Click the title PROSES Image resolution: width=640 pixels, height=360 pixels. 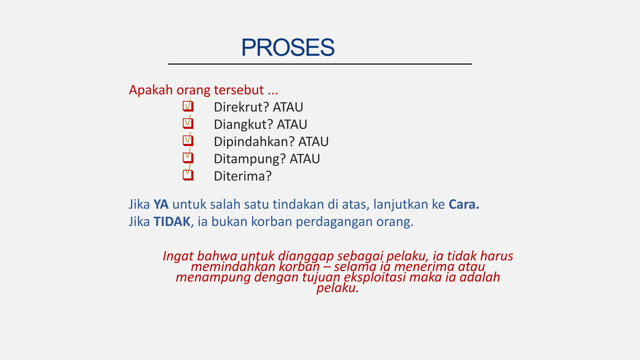coord(287,48)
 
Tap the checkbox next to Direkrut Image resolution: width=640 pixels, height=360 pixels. coord(188,107)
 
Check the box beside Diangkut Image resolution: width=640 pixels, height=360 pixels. coord(188,124)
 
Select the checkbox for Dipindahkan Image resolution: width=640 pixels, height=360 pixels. coord(188,141)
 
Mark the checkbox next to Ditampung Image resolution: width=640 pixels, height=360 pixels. coord(188,158)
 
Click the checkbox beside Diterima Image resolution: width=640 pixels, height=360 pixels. coord(188,175)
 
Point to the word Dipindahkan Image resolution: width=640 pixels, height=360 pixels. coord(254,142)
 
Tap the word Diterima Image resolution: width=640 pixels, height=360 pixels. coord(242,176)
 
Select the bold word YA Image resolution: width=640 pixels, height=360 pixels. coord(161,204)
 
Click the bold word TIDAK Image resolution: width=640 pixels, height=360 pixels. coord(172,222)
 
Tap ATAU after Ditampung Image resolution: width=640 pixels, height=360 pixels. coord(305,159)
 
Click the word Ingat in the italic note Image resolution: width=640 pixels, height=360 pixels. coord(178,256)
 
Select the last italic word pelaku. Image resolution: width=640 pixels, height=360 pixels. coord(337,288)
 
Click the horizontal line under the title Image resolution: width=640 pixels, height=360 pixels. coord(320,64)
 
